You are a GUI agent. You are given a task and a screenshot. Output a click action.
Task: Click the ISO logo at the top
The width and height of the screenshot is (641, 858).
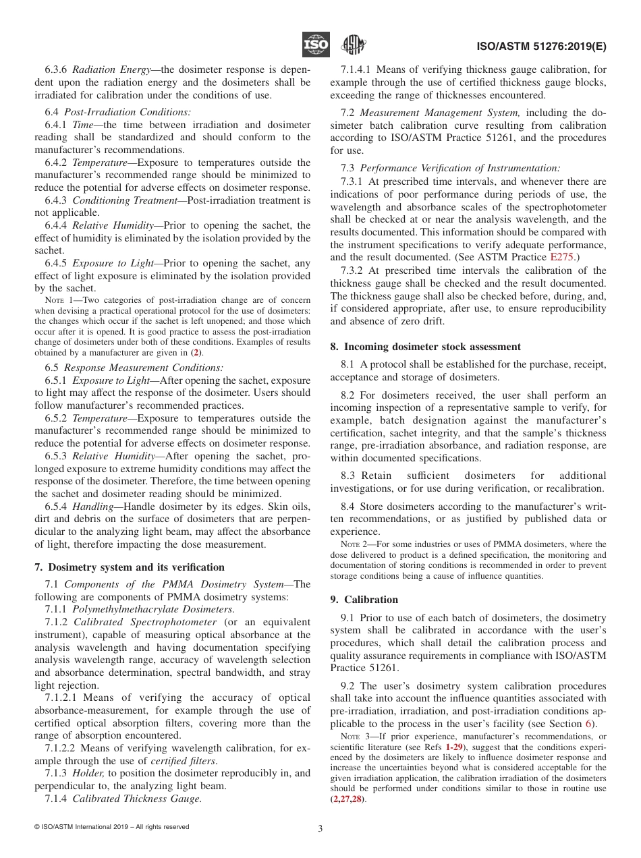tap(316, 45)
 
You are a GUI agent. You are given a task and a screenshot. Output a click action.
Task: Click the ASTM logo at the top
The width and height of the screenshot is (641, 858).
tap(353, 45)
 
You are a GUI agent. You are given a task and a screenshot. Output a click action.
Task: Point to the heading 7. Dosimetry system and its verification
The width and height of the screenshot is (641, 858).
tap(130, 567)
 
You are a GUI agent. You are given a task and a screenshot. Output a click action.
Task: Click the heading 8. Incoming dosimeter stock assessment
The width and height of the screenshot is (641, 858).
tap(425, 347)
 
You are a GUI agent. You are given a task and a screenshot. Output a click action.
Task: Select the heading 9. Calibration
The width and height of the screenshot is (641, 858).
tap(364, 599)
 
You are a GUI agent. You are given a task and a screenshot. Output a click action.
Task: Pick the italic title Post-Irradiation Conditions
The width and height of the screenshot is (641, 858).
tap(128, 112)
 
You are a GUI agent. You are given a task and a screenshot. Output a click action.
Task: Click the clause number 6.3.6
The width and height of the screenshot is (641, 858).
tap(57, 70)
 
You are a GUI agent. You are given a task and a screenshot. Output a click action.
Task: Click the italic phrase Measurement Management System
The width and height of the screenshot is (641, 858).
tap(439, 113)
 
